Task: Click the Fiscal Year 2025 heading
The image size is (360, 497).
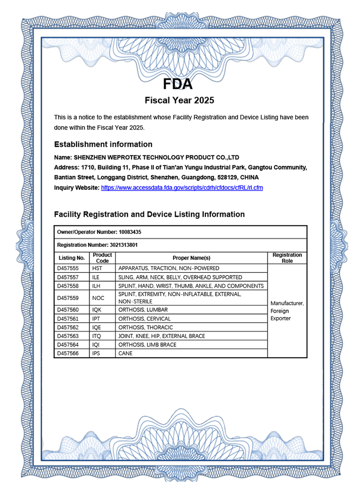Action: (179, 101)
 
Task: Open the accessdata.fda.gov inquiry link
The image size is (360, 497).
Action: (182, 188)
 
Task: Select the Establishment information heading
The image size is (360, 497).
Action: (103, 144)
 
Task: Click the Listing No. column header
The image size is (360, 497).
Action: (71, 258)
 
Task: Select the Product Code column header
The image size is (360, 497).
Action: (102, 258)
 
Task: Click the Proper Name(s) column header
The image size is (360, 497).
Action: (191, 258)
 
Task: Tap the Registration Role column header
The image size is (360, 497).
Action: (287, 258)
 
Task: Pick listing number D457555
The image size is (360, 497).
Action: (68, 269)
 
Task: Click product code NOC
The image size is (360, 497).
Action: (98, 298)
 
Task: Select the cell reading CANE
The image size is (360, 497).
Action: (125, 353)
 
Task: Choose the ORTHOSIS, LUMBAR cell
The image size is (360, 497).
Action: (143, 310)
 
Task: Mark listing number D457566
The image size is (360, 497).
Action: (68, 353)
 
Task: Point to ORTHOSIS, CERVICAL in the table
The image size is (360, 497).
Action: (145, 319)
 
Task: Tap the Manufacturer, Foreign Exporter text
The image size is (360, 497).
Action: (287, 311)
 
